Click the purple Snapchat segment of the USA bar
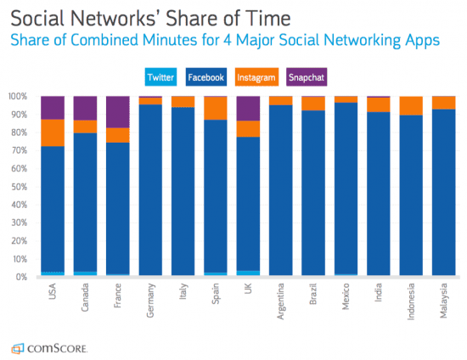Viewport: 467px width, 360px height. pos(53,108)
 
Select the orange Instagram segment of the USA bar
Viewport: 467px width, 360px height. pos(53,132)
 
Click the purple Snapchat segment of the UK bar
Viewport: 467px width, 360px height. pos(248,108)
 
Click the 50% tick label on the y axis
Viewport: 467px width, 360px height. pos(17,187)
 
